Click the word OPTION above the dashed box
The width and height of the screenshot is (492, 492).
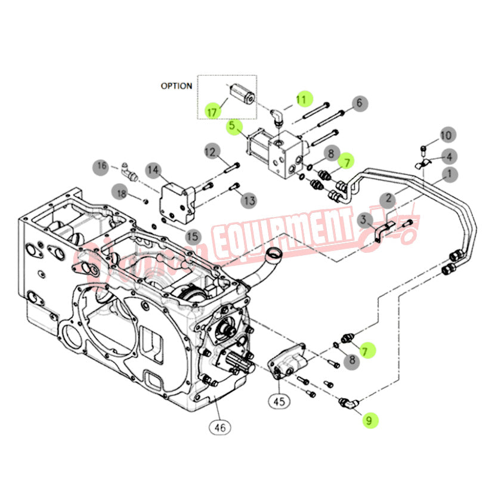[x=176, y=86]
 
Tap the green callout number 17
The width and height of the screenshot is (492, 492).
[x=211, y=111]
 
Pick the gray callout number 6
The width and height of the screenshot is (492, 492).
[x=358, y=103]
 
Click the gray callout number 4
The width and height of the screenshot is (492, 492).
[x=449, y=157]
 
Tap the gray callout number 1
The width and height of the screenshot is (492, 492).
[x=448, y=175]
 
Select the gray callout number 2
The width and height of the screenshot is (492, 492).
[x=388, y=198]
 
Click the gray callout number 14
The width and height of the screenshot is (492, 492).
[x=153, y=171]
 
